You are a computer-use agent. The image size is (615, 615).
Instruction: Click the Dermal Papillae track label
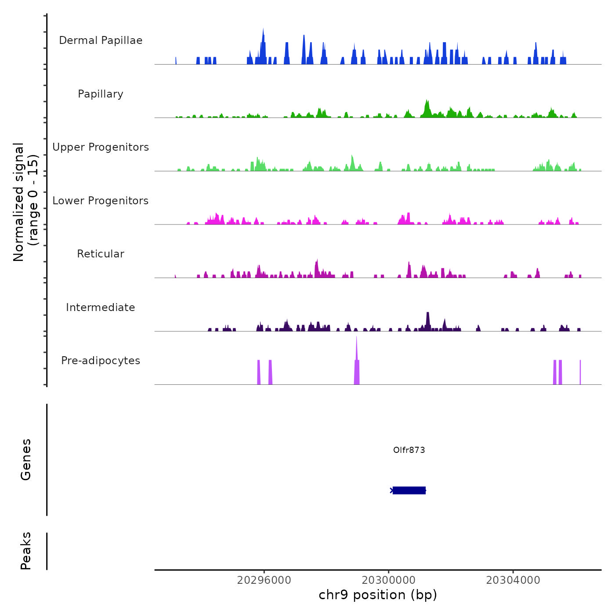coord(101,40)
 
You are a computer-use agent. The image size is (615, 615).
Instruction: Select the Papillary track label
coord(101,94)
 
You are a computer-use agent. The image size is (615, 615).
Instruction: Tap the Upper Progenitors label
coord(101,147)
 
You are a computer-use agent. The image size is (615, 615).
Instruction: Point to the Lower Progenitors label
coord(101,201)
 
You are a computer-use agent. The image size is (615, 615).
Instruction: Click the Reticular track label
coord(101,254)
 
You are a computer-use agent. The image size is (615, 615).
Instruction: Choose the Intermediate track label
coord(101,307)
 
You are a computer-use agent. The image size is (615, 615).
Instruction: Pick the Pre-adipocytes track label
coord(101,361)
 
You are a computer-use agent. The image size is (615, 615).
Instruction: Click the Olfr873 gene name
coord(409,450)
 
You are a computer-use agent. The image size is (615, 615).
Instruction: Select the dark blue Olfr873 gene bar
coord(409,490)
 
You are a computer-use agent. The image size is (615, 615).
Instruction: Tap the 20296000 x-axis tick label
coord(264,580)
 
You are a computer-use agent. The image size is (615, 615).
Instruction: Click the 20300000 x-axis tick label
coord(389,580)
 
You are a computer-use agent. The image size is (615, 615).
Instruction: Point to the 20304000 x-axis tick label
coord(513,580)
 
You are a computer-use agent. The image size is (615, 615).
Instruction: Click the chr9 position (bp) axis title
coord(378,595)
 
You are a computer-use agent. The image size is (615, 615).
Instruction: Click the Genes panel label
coord(26,459)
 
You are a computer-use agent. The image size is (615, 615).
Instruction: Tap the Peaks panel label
coord(26,551)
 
